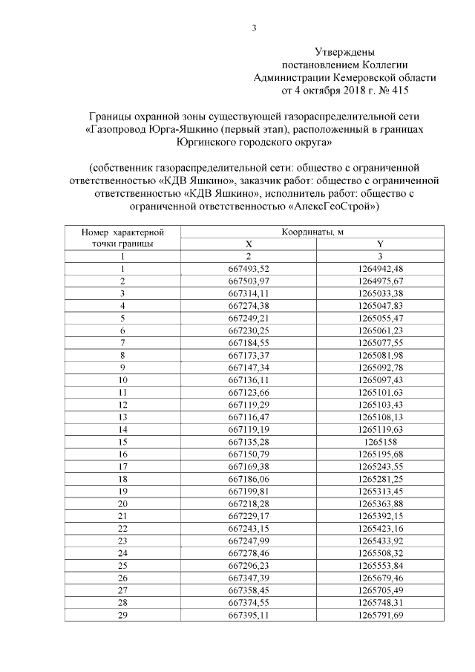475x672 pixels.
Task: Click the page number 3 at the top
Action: [255, 29]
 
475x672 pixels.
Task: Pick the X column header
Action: [249, 244]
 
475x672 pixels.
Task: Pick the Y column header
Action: [380, 244]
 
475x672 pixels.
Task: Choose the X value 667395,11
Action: [249, 615]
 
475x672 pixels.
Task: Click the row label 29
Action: [122, 615]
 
